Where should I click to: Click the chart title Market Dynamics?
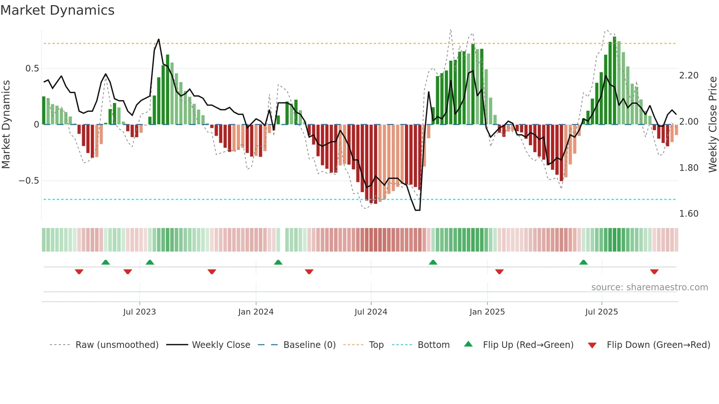[x=58, y=10]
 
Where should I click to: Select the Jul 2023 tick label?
[x=139, y=312]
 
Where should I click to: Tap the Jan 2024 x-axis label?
[x=256, y=312]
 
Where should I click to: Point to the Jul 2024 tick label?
[x=371, y=312]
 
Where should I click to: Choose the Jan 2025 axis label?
[x=487, y=312]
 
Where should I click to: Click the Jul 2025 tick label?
[x=602, y=312]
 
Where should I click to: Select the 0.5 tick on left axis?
[x=32, y=69]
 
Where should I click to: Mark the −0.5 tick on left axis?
[x=29, y=181]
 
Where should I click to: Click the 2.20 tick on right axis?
[x=689, y=76]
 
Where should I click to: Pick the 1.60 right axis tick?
[x=689, y=214]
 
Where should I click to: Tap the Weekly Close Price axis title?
[x=712, y=125]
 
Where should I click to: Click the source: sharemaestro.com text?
[x=649, y=287]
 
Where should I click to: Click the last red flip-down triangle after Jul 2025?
[x=654, y=272]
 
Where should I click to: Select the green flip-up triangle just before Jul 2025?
[x=583, y=262]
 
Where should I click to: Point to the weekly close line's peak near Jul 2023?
[x=158, y=39]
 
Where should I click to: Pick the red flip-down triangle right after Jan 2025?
[x=499, y=272]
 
